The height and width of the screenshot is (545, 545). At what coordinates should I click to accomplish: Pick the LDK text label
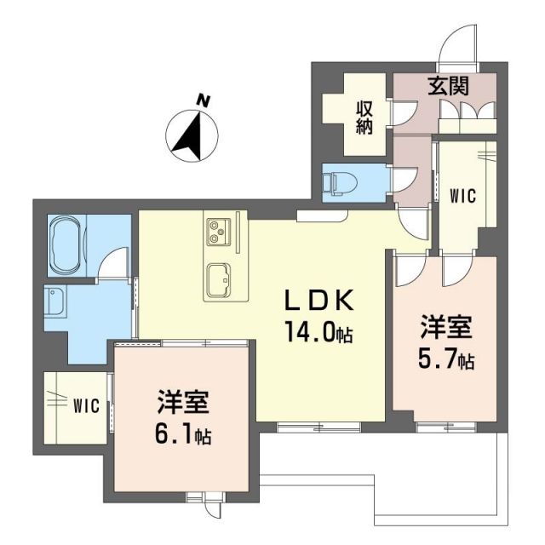pyautogui.click(x=318, y=301)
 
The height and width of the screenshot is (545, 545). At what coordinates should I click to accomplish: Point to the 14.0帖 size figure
pyautogui.click(x=319, y=332)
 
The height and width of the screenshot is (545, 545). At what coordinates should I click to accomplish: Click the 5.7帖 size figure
pyautogui.click(x=445, y=360)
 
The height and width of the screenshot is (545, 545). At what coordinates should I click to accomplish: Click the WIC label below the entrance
pyautogui.click(x=462, y=194)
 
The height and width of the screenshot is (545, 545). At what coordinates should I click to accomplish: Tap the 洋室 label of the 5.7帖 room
pyautogui.click(x=443, y=328)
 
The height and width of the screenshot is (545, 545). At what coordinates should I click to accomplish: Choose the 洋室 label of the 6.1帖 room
pyautogui.click(x=181, y=403)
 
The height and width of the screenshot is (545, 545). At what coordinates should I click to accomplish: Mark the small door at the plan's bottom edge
pyautogui.click(x=207, y=506)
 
